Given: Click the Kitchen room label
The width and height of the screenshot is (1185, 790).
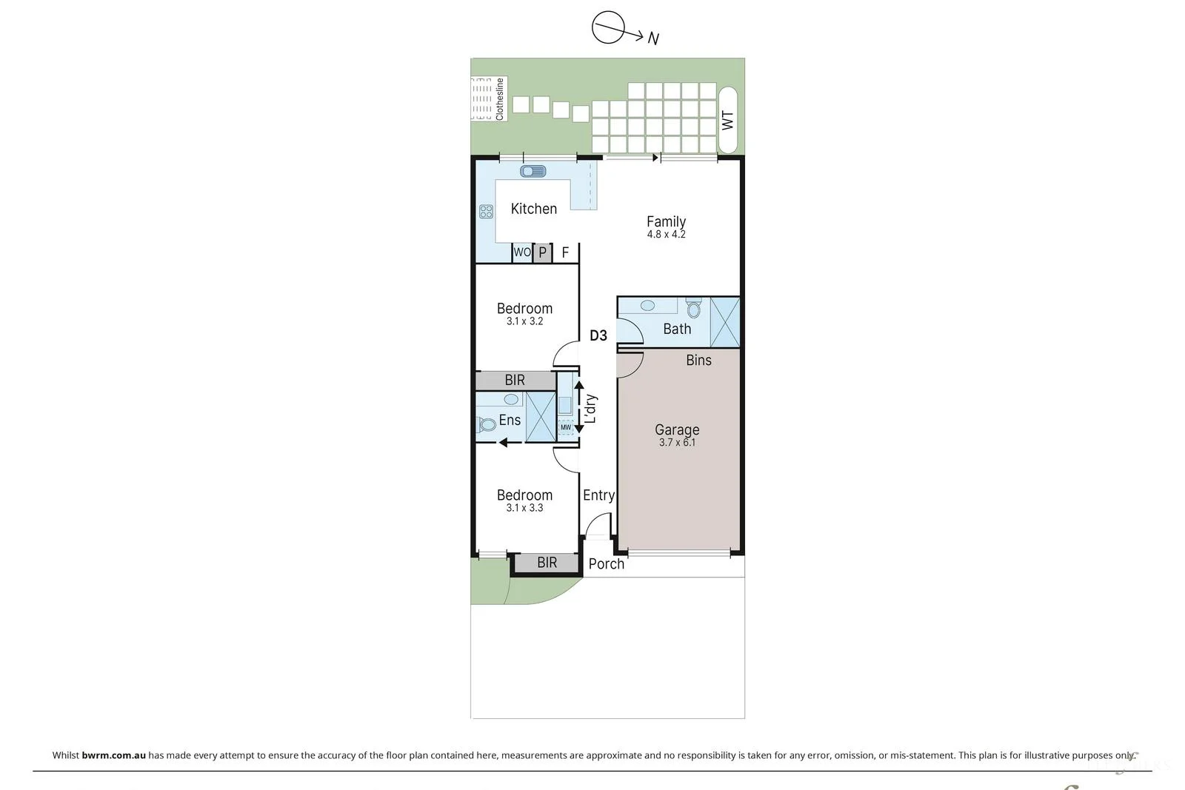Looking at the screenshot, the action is [x=534, y=209].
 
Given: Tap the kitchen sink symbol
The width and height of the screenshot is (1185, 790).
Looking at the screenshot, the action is [x=533, y=171].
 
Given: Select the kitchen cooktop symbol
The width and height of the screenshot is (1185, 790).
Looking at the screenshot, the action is [x=486, y=212].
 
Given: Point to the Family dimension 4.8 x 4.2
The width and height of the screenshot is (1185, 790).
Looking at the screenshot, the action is [x=666, y=234].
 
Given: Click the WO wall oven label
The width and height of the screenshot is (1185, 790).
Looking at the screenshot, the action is [x=522, y=252].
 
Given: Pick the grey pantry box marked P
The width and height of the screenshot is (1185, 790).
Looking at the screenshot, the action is [x=542, y=252].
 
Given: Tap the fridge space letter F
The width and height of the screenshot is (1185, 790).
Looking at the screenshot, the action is [x=565, y=252].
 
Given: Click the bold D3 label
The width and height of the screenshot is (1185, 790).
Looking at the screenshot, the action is [x=598, y=335].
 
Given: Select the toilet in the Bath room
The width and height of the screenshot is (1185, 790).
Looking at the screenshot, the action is [x=693, y=308].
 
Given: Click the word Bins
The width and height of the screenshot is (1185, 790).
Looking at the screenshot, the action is [x=699, y=360].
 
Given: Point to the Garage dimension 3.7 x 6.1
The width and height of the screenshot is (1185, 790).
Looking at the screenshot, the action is [x=677, y=443].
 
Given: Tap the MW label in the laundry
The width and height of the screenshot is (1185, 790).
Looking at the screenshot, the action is [x=566, y=427].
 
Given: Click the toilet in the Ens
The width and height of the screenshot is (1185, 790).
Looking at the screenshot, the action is [x=486, y=424].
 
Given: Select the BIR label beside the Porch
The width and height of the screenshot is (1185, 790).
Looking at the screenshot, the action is [x=547, y=563].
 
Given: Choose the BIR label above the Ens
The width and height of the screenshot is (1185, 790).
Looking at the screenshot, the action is [x=515, y=381].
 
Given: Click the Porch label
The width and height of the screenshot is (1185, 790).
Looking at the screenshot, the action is [x=607, y=564].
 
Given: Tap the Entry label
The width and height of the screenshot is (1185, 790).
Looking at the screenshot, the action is [x=599, y=495].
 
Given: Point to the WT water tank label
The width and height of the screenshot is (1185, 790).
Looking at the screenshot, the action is [x=728, y=121].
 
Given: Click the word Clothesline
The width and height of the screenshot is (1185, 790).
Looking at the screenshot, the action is [x=499, y=99].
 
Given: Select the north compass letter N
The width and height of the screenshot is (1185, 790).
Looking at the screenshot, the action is [x=653, y=39].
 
